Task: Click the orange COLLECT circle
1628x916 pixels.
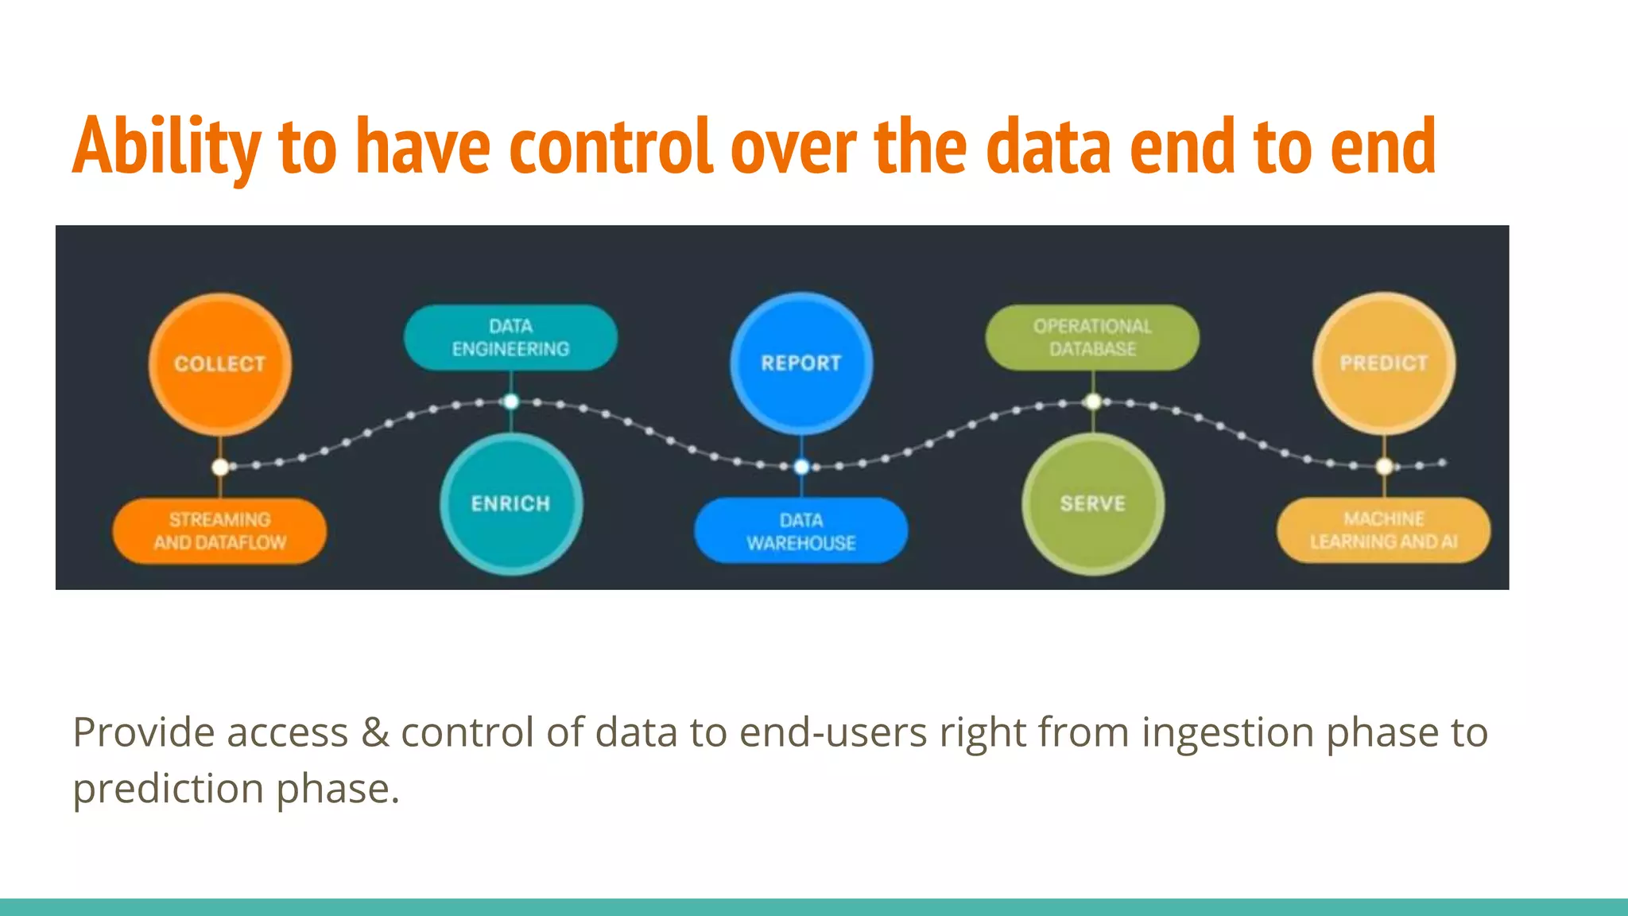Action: (219, 363)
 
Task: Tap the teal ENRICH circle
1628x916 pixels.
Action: (510, 503)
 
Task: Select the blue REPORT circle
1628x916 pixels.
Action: (801, 363)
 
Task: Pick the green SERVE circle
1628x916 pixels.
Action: (1092, 503)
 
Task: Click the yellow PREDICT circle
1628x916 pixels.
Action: (1383, 363)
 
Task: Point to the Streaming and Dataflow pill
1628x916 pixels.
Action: (219, 531)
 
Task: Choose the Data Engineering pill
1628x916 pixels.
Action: (510, 337)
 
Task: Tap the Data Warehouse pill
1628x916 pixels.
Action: (801, 531)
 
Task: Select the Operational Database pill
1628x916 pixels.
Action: (1092, 337)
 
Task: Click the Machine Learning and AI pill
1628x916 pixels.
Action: (1383, 530)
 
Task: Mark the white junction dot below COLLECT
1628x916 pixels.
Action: (221, 467)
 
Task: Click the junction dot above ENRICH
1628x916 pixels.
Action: (511, 402)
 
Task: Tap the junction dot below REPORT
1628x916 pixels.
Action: (802, 467)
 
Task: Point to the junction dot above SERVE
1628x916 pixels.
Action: (1093, 402)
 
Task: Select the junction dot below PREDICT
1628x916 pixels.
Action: (1384, 466)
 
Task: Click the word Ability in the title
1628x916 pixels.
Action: (166, 146)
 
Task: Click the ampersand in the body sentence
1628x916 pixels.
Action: (374, 732)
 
